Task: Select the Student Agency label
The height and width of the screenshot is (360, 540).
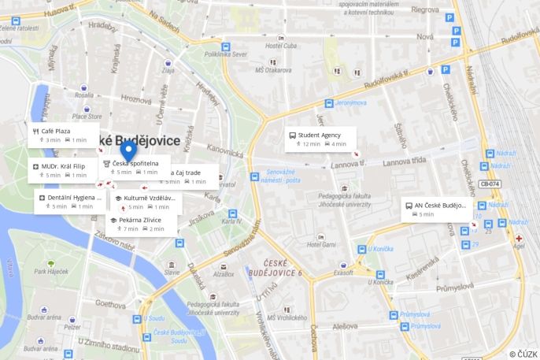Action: tap(320, 135)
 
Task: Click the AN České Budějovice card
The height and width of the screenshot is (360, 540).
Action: tap(436, 210)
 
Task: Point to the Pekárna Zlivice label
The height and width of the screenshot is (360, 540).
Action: tap(140, 220)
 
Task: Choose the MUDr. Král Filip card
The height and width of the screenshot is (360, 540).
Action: tap(63, 166)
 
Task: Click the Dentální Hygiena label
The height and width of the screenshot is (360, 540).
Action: tap(76, 198)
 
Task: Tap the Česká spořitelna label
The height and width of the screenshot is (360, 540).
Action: tap(135, 163)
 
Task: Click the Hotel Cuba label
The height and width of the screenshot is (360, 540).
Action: tap(279, 45)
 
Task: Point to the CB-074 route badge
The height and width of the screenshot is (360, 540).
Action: tap(488, 184)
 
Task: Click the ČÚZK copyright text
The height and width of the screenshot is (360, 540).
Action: tap(523, 354)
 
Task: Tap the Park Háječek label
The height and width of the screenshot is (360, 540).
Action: tap(51, 272)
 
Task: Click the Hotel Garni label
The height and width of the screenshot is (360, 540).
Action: tap(321, 245)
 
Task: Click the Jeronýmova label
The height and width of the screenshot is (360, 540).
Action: tap(351, 102)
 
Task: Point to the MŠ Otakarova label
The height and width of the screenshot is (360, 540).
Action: tap(272, 70)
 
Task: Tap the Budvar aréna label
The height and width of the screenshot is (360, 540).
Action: tap(38, 310)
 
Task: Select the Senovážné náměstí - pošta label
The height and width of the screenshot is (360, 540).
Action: tap(283, 176)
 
